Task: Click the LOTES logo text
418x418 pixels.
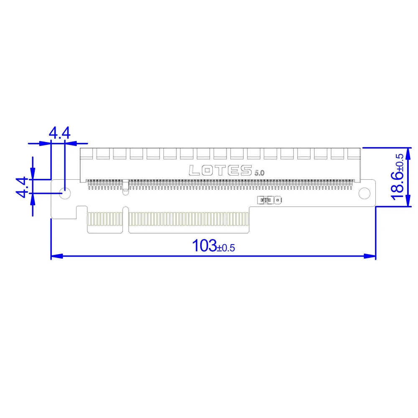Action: (x=220, y=171)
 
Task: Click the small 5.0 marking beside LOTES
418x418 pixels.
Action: (x=260, y=173)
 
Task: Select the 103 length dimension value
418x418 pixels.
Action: (x=204, y=245)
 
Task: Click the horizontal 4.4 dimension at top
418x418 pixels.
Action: (x=60, y=133)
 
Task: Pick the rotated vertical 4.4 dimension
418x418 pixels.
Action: (x=22, y=187)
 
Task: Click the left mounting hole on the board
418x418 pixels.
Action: (x=65, y=193)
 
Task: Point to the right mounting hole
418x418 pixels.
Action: (x=364, y=193)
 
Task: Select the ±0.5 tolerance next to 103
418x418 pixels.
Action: (x=226, y=248)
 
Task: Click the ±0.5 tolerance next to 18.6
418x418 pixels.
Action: (x=400, y=162)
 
